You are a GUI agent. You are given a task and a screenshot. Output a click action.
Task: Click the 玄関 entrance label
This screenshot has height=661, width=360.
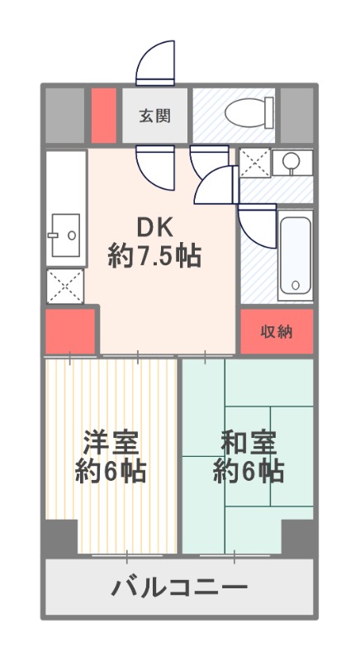click(x=155, y=115)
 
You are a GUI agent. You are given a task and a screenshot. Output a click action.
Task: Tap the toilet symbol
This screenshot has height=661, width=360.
click(x=249, y=112)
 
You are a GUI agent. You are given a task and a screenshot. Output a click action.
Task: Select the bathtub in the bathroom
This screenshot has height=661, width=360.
click(x=295, y=255)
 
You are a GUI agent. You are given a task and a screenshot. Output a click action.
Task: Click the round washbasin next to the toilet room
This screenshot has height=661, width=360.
click(x=291, y=162)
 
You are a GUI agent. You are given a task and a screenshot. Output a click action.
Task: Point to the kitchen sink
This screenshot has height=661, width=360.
click(x=65, y=235)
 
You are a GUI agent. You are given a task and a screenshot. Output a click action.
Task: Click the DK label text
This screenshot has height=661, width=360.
click(x=154, y=228)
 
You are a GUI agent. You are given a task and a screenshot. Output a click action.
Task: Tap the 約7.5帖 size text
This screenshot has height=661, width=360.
click(x=154, y=256)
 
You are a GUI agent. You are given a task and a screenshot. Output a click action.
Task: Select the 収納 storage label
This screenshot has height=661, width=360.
click(x=277, y=332)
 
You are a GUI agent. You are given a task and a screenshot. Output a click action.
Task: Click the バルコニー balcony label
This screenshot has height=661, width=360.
click(x=179, y=587)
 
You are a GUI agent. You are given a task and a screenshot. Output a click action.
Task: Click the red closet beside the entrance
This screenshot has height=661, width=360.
click(x=103, y=115)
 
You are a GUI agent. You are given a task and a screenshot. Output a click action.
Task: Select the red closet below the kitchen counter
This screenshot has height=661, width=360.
click(x=70, y=332)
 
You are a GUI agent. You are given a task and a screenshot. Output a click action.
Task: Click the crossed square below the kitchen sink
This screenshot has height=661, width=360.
click(x=65, y=286)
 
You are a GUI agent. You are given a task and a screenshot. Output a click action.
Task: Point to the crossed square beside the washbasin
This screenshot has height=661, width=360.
click(x=255, y=163)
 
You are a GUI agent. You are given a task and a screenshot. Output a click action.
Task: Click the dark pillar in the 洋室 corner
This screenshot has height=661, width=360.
click(x=61, y=536)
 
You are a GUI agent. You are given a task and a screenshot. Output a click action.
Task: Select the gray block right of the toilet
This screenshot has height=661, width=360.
click(x=297, y=115)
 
